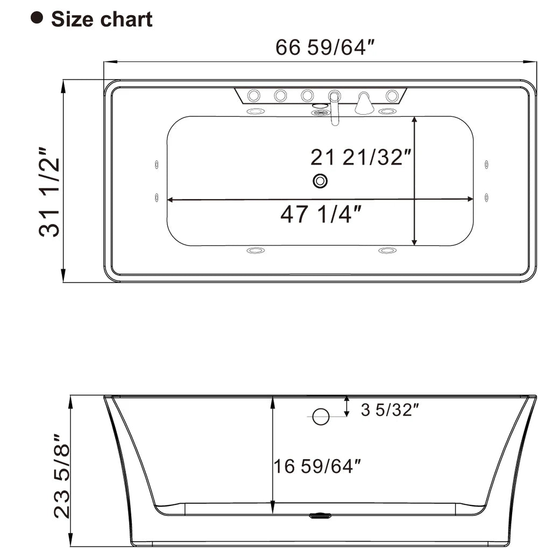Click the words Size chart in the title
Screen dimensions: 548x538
pyautogui.click(x=102, y=19)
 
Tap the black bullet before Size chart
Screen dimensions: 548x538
pyautogui.click(x=37, y=19)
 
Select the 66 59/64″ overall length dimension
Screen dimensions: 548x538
pyautogui.click(x=324, y=47)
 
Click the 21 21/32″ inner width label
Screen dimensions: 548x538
pyautogui.click(x=361, y=157)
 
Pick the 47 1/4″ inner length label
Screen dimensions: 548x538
pyautogui.click(x=320, y=214)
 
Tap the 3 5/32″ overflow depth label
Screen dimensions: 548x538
pyautogui.click(x=390, y=410)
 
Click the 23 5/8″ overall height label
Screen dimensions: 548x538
pyautogui.click(x=63, y=476)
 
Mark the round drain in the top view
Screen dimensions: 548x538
pyautogui.click(x=320, y=181)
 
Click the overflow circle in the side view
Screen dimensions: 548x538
pyautogui.click(x=321, y=416)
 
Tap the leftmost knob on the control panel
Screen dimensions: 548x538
pyautogui.click(x=253, y=96)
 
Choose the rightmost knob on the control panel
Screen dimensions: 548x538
pyautogui.click(x=392, y=96)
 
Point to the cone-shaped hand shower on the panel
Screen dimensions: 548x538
pyautogui.click(x=364, y=103)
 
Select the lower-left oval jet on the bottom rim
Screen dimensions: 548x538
pyautogui.click(x=256, y=251)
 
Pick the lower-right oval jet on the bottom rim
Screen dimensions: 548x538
pyautogui.click(x=387, y=251)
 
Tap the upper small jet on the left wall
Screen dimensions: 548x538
pyautogui.click(x=157, y=164)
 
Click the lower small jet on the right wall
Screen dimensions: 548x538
pyautogui.click(x=486, y=197)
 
